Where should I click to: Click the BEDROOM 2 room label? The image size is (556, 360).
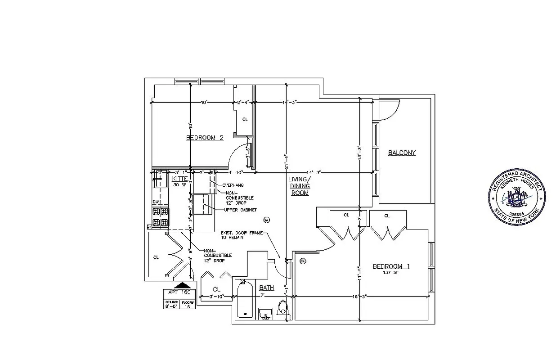point(205,138)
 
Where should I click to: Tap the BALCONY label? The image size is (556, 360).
point(402,153)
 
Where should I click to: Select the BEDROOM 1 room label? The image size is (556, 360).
point(391,266)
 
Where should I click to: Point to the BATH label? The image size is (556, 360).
point(266,288)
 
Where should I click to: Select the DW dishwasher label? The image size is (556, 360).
point(156,202)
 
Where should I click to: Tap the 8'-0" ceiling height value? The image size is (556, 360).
point(171,306)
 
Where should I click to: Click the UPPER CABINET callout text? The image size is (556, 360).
point(241,210)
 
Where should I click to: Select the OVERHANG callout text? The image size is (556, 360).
point(233,185)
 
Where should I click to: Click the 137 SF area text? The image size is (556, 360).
point(390,273)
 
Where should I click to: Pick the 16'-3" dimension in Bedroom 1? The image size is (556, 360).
point(360,297)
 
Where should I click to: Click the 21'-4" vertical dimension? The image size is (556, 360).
point(286,161)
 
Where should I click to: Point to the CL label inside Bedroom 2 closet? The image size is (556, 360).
point(245,120)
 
